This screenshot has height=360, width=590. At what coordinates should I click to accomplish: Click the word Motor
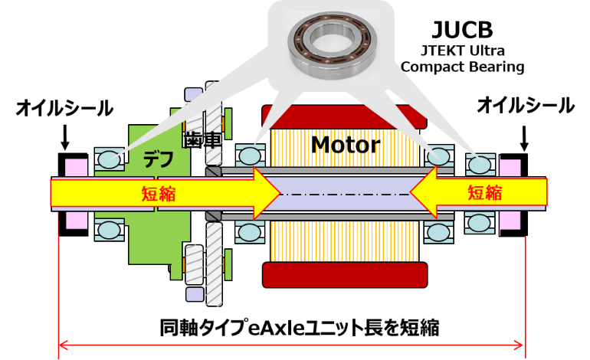(x=345, y=143)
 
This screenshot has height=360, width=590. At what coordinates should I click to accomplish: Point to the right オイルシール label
(x=525, y=106)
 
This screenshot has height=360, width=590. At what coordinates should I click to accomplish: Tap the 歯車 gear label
(x=202, y=140)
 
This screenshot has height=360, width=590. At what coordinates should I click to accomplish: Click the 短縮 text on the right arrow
(x=485, y=192)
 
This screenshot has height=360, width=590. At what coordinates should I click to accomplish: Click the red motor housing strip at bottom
(x=343, y=273)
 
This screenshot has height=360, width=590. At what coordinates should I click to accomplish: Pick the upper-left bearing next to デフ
(x=109, y=159)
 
